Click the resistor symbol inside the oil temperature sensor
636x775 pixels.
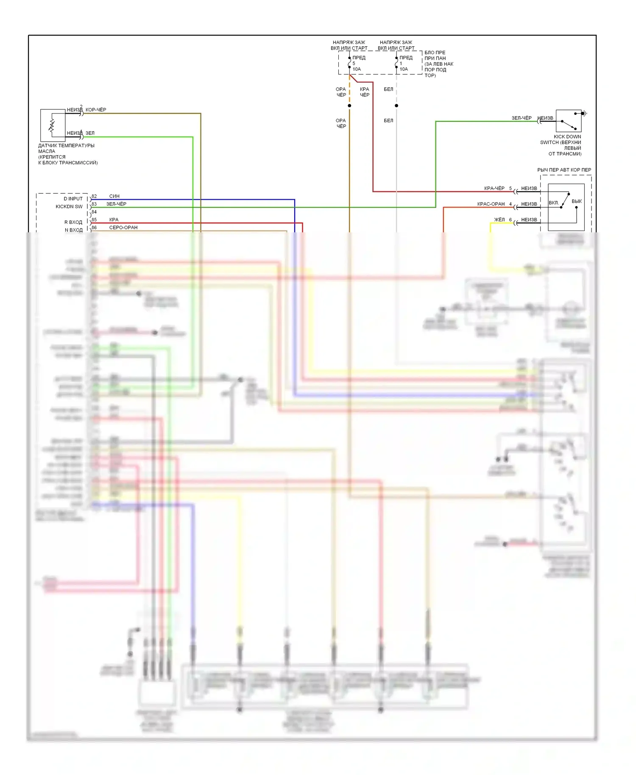coord(52,125)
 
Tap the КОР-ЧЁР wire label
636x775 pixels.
coord(96,110)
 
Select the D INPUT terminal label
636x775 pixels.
coord(73,199)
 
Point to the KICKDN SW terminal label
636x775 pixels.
coord(69,206)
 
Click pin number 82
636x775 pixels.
coord(94,196)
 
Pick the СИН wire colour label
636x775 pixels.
coord(114,196)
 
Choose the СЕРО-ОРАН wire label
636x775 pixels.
coord(123,228)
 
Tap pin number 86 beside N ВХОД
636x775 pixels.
coord(94,228)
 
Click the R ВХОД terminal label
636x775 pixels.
coord(73,222)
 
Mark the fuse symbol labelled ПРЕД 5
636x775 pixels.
coord(349,63)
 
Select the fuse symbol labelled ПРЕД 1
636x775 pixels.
coord(396,63)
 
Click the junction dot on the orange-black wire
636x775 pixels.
coord(349,106)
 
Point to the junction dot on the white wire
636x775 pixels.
coord(396,106)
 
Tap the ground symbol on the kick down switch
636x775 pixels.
coord(585,113)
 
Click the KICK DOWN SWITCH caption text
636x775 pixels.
coord(561,145)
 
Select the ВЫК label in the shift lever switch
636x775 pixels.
coord(577,201)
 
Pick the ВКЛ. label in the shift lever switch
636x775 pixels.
coord(554,203)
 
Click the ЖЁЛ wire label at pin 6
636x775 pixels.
coord(499,220)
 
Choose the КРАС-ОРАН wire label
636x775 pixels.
coord(491,204)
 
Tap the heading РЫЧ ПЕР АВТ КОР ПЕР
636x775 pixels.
coord(564,170)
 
